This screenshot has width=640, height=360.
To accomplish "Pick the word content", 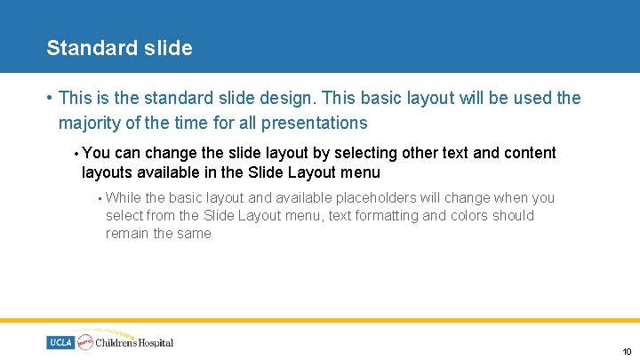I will tap(530, 153).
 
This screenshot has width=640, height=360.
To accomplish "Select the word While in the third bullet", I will tap(123, 197).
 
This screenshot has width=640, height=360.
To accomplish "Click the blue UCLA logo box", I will tap(60, 342).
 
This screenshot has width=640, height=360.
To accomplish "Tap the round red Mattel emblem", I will tap(85, 341).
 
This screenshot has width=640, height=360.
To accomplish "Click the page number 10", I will tap(626, 352).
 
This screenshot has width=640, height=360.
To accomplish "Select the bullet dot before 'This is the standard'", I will tap(52, 99).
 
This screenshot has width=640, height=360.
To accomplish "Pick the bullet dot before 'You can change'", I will tap(76, 154).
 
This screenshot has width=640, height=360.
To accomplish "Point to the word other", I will tap(418, 153).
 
